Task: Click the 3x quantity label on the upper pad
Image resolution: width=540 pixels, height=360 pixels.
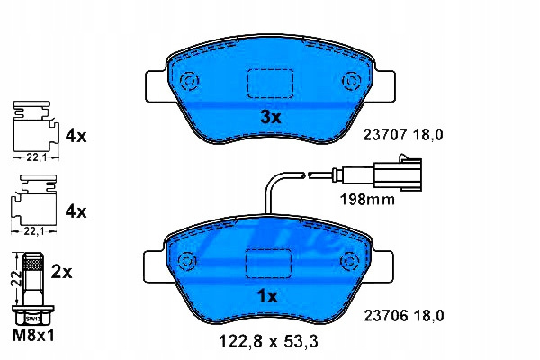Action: (x=270, y=118)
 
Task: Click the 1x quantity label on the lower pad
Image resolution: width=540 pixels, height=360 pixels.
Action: (x=267, y=296)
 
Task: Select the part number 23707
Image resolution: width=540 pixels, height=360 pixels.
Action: (x=385, y=135)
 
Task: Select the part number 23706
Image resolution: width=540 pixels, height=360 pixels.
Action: (x=386, y=316)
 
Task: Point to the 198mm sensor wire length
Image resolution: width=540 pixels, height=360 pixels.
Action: (x=367, y=200)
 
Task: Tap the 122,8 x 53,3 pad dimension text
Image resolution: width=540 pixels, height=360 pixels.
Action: (x=268, y=341)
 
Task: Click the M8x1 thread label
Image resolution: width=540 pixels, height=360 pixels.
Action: (x=33, y=335)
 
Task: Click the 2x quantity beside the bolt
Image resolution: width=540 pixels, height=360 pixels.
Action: (x=61, y=272)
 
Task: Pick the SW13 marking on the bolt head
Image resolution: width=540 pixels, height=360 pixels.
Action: (x=33, y=319)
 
